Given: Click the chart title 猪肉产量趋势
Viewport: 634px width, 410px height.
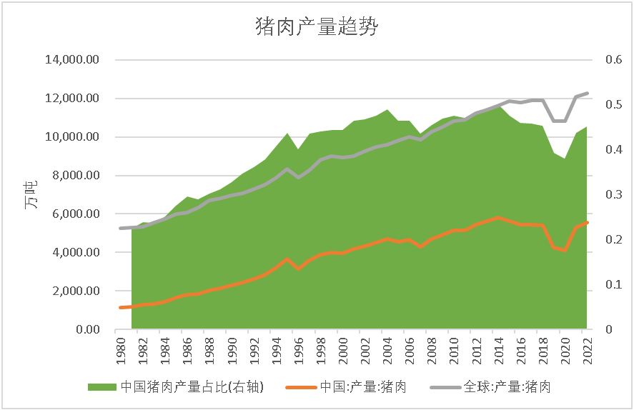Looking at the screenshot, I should [x=317, y=27].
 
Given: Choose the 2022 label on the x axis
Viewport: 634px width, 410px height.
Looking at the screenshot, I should [x=588, y=351].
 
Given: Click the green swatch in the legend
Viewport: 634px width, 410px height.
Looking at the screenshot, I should [x=102, y=387].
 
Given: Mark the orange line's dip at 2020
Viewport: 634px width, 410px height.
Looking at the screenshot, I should [x=565, y=251].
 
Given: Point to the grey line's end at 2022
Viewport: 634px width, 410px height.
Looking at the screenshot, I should [x=588, y=93].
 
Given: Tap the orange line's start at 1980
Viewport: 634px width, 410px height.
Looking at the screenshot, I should [x=120, y=308].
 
